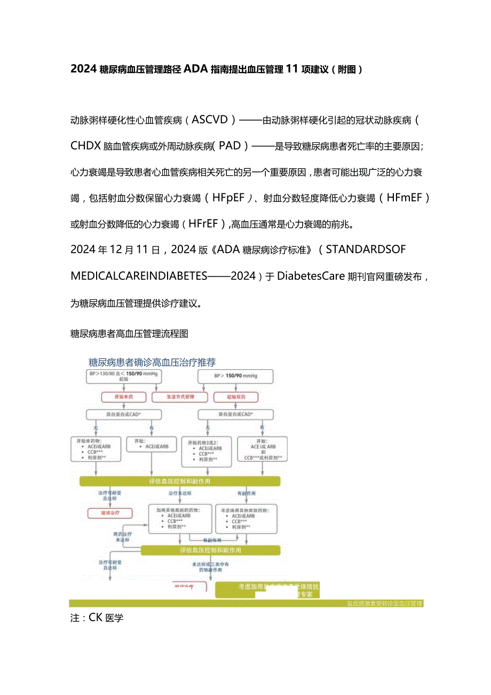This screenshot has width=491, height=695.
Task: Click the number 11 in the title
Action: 291,69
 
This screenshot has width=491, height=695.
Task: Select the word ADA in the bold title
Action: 195,69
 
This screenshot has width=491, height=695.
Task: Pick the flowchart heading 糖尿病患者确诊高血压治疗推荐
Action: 152,362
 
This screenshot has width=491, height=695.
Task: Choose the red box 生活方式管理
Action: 180,397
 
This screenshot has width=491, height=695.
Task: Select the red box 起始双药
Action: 235,397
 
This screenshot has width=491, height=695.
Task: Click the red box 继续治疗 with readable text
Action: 110,513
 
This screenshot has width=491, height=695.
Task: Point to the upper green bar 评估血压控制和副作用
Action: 179,481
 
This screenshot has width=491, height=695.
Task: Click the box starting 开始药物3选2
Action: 206,450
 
